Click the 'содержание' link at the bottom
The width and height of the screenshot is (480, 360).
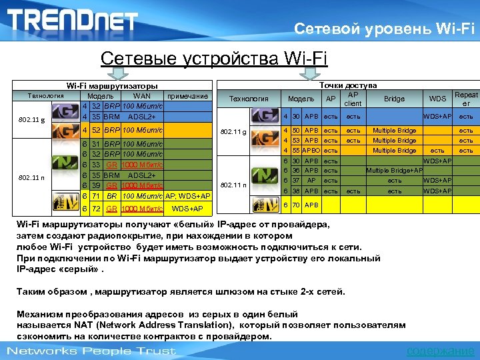pyautogui.click(x=441, y=351)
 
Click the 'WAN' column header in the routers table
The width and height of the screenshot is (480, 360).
pyautogui.click(x=142, y=96)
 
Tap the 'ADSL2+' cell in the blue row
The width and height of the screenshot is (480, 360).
pyautogui.click(x=141, y=116)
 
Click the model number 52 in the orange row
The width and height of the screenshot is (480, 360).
pyautogui.click(x=97, y=129)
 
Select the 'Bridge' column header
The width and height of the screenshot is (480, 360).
pyautogui.click(x=394, y=99)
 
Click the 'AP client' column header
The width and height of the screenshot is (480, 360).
pyautogui.click(x=353, y=99)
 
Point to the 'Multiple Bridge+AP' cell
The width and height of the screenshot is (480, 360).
pyautogui.click(x=394, y=171)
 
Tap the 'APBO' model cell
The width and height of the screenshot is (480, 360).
pyautogui.click(x=311, y=151)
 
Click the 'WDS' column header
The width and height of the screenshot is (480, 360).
pyautogui.click(x=437, y=99)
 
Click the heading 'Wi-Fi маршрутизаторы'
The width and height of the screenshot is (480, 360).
pyautogui.click(x=111, y=86)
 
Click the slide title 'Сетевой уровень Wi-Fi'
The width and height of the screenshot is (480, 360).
pyautogui.click(x=385, y=29)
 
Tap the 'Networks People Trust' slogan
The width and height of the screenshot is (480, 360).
pyautogui.click(x=91, y=351)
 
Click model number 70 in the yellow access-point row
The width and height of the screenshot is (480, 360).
pyautogui.click(x=296, y=205)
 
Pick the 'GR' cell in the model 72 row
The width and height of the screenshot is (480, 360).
pyautogui.click(x=112, y=209)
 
